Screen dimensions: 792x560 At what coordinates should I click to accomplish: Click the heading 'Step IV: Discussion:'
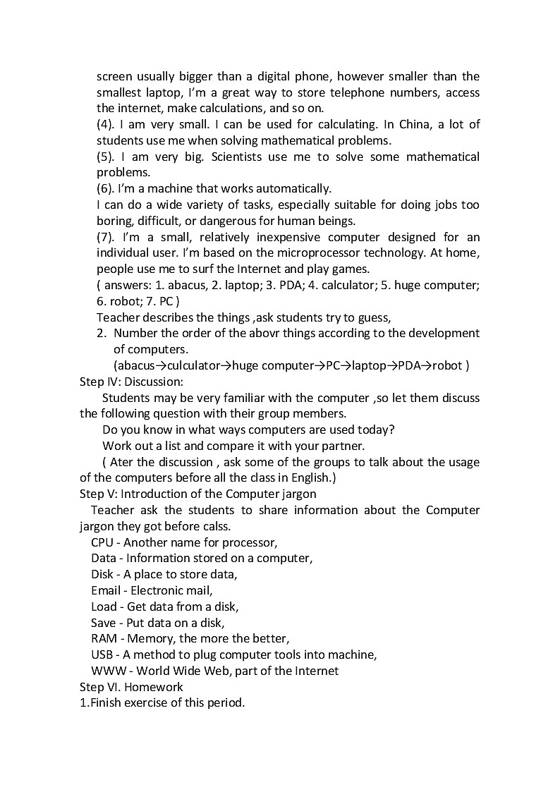[x=121, y=382]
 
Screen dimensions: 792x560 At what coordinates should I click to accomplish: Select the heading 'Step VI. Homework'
[x=131, y=687]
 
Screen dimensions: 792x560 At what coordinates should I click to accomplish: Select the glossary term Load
[x=104, y=607]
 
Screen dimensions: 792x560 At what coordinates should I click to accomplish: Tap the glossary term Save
[x=103, y=623]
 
